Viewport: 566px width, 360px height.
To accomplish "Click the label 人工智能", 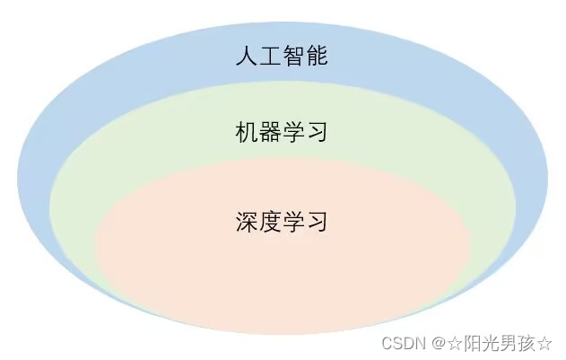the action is pyautogui.click(x=281, y=58).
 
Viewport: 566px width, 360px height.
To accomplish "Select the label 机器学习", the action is pyautogui.click(x=281, y=134).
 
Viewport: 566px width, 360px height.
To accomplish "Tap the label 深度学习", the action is pyautogui.click(x=281, y=221).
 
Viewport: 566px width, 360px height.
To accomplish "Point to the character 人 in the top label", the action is pyautogui.click(x=246, y=58).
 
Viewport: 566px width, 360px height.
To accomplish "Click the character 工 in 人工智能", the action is pyautogui.click(x=269, y=58).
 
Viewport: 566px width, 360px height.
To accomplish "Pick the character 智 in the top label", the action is pyautogui.click(x=292, y=58).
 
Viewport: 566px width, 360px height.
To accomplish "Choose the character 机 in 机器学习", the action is pyautogui.click(x=246, y=134).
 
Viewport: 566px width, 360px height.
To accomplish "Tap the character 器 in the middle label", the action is pyautogui.click(x=269, y=134).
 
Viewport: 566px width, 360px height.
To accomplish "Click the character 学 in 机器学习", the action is pyautogui.click(x=292, y=134).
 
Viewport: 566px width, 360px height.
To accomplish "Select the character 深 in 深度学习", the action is pyautogui.click(x=246, y=221).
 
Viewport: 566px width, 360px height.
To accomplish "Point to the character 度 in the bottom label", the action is pyautogui.click(x=269, y=221).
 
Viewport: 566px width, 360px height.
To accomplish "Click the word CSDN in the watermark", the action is pyautogui.click(x=401, y=343).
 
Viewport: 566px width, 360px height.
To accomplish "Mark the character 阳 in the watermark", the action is pyautogui.click(x=470, y=343).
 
